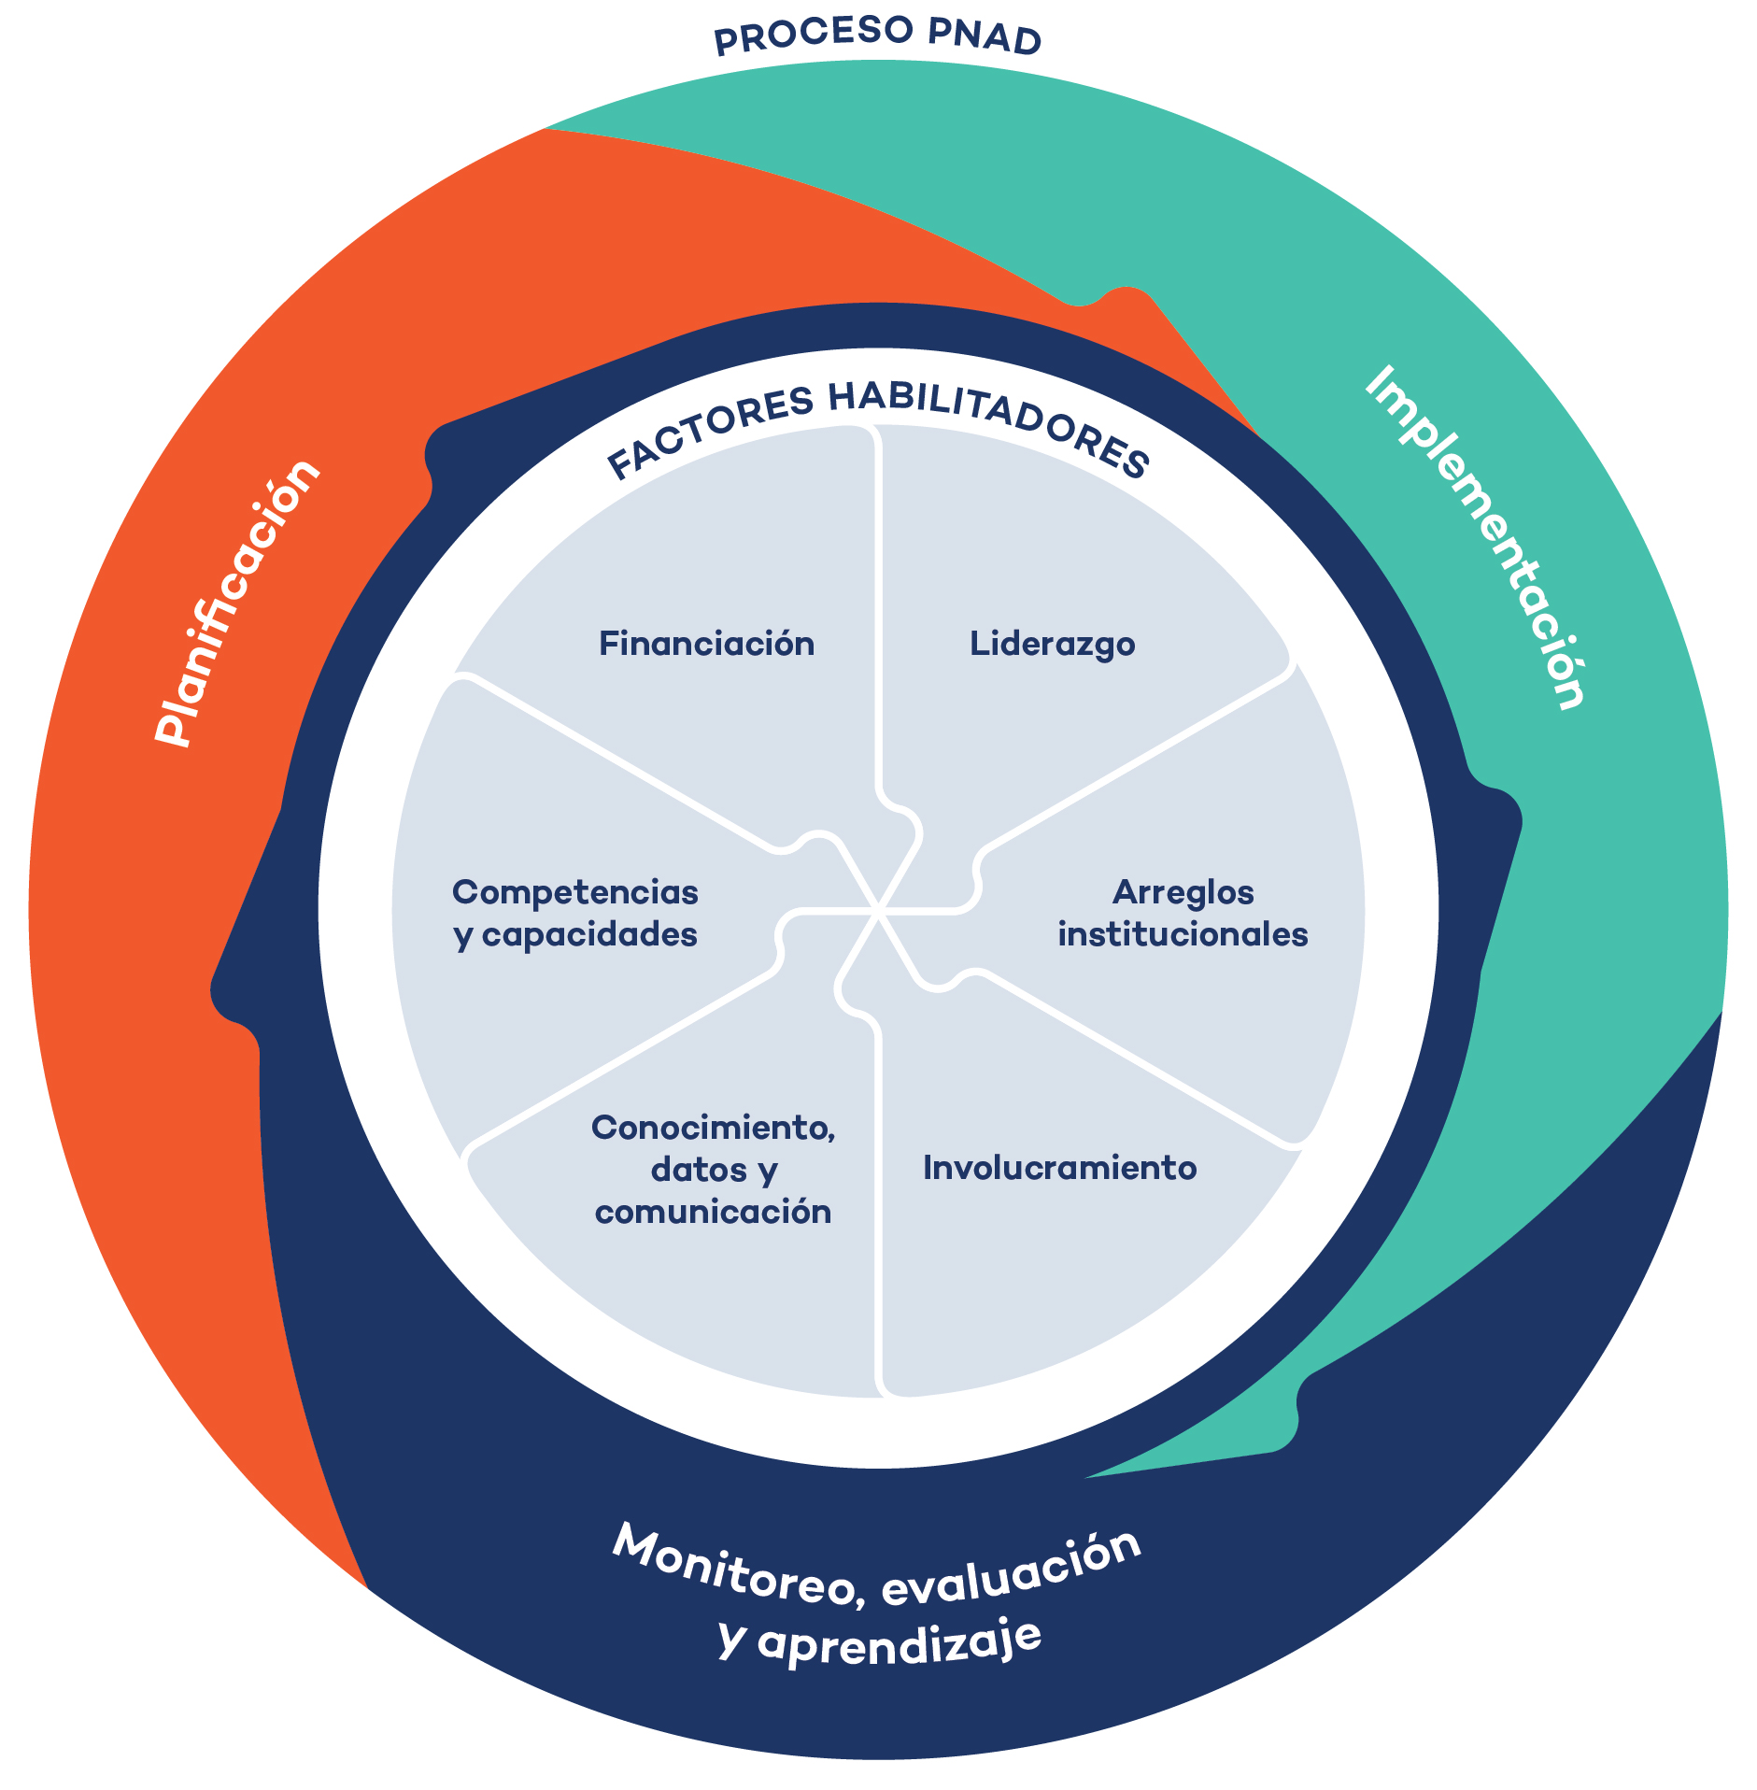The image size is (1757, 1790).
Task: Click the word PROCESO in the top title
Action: [x=812, y=36]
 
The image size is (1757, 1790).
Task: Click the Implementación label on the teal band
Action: [x=1476, y=537]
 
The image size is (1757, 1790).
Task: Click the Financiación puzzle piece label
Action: [x=706, y=644]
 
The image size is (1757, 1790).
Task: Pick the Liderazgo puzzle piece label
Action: [x=1052, y=644]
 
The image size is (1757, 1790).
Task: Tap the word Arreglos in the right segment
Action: [x=1183, y=892]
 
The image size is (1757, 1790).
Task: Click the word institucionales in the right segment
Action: [x=1183, y=934]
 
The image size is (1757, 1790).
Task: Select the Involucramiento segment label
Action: [x=1059, y=1168]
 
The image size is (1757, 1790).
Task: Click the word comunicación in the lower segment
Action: [x=713, y=1212]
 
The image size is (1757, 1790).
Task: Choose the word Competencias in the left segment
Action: [x=575, y=892]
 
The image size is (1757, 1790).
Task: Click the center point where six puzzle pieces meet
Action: [x=878, y=908]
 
